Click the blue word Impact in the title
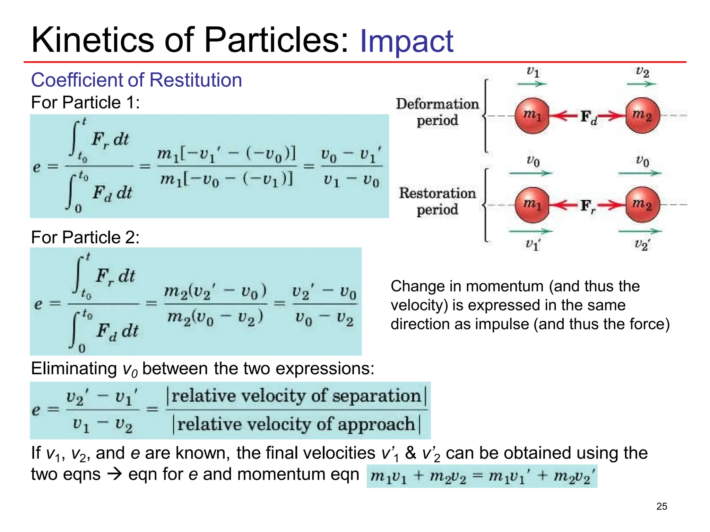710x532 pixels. click(406, 42)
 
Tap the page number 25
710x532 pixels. click(661, 506)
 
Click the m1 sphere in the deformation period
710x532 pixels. click(532, 115)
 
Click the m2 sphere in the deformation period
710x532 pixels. click(642, 115)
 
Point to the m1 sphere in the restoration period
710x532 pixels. click(532, 205)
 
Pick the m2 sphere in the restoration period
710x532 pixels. click(642, 205)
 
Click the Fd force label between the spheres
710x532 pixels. click(588, 117)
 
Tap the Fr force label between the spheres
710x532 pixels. click(588, 206)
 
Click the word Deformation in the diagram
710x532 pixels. click(437, 104)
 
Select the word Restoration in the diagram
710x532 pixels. click(437, 193)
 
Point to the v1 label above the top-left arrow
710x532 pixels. click(532, 72)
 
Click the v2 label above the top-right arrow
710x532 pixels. click(642, 72)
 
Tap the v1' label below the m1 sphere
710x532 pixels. click(532, 244)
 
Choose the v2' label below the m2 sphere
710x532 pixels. click(642, 244)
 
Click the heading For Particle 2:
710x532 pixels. click(85, 237)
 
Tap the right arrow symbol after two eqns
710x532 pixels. click(114, 474)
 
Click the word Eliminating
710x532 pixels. click(74, 368)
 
